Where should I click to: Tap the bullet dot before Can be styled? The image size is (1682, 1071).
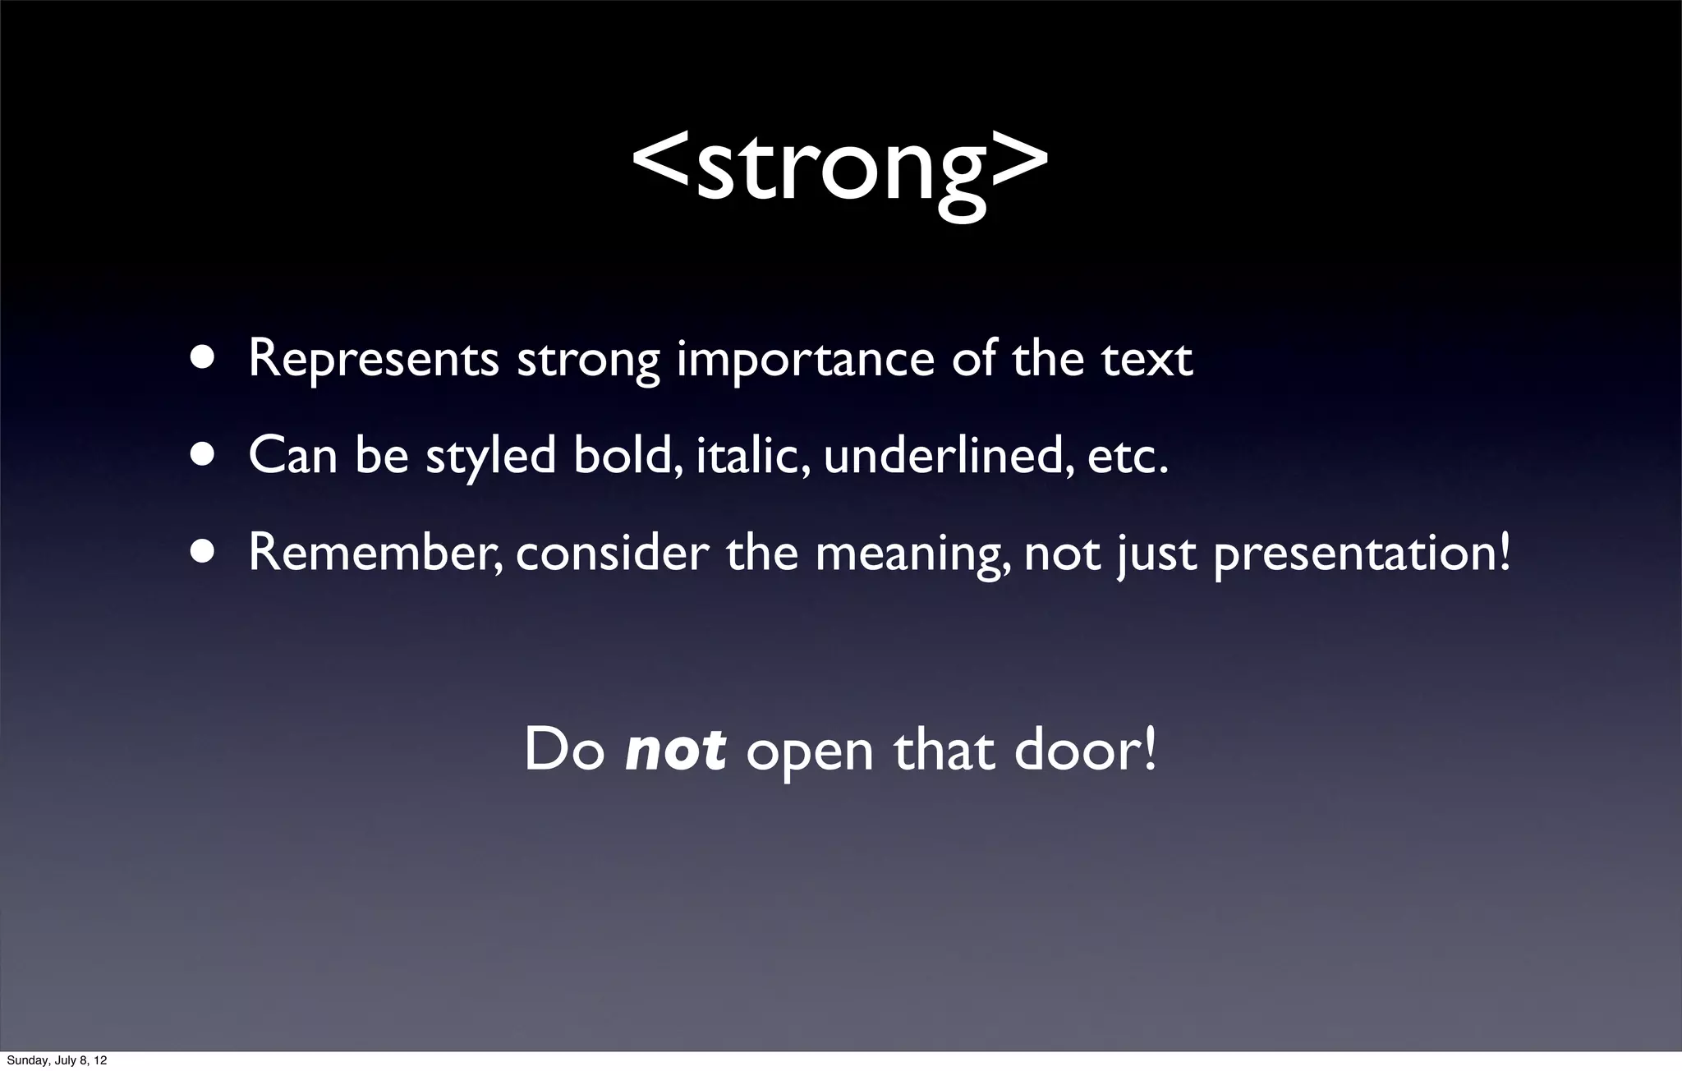tap(202, 455)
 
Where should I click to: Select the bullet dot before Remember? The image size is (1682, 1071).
tap(202, 552)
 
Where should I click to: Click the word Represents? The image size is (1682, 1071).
tap(374, 360)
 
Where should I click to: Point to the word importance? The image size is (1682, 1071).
tap(805, 360)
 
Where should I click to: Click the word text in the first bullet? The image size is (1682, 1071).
tap(1147, 360)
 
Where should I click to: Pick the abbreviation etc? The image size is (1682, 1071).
tap(1127, 457)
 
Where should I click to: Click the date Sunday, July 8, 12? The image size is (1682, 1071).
tap(57, 1060)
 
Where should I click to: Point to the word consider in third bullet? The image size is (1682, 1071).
tap(612, 552)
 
